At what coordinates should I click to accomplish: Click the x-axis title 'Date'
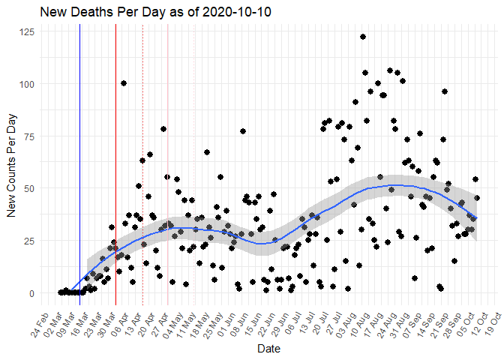268,349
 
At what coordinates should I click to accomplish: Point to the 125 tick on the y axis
25,31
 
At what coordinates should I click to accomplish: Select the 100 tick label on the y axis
25,83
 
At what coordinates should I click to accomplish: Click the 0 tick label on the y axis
30,292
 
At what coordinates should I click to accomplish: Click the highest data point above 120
362,37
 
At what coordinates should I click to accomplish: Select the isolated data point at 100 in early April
124,83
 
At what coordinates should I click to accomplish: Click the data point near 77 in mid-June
243,131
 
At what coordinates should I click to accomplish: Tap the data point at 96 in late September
445,91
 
